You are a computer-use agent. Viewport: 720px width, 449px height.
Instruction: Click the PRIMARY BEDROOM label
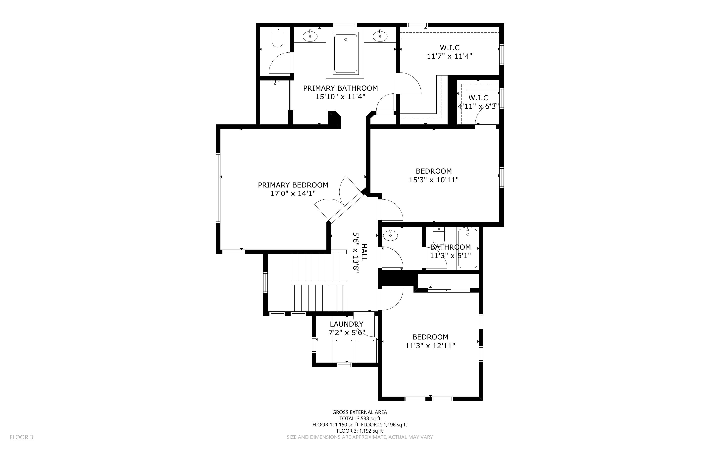[293, 185]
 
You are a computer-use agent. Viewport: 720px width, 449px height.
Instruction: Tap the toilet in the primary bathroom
[277, 37]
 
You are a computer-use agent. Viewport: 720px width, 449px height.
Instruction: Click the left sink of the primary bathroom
[310, 36]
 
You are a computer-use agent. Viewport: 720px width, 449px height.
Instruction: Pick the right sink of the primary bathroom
[380, 36]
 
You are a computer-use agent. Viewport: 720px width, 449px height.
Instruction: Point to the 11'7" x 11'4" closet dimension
[449, 56]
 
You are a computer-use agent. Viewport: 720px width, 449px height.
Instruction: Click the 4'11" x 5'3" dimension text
[478, 106]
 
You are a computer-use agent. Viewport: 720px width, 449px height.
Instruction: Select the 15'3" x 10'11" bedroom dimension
[434, 180]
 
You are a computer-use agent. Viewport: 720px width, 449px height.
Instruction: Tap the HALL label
[364, 252]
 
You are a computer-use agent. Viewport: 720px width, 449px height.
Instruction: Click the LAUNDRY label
[347, 324]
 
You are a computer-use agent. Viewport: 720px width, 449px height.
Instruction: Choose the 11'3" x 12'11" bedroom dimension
[430, 346]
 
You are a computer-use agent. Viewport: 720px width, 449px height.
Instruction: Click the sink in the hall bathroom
[390, 236]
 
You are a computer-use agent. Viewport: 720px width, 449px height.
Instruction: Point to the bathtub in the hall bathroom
[468, 248]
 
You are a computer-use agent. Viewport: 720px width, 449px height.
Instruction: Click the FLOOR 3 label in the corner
[21, 437]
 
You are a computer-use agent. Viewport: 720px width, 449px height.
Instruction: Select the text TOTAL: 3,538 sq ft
[360, 418]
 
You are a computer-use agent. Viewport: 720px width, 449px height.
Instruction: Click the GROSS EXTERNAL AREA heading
[360, 412]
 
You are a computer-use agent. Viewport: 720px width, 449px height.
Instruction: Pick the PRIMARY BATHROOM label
[341, 88]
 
